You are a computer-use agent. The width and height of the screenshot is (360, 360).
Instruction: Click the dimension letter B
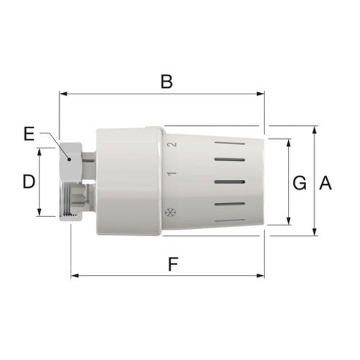(x=166, y=82)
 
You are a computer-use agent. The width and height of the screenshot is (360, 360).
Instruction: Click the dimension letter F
(x=173, y=264)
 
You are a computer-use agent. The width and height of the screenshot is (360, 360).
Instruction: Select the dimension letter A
(x=325, y=183)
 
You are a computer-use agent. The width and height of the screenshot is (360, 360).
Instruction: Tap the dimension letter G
(x=300, y=183)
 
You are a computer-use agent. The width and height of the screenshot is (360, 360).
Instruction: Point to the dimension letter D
(x=29, y=181)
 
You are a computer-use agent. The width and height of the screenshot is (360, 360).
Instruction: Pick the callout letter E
(x=29, y=134)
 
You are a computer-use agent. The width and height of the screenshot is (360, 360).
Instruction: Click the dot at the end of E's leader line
(x=69, y=159)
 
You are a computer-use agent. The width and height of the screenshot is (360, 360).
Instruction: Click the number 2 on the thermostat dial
(x=172, y=145)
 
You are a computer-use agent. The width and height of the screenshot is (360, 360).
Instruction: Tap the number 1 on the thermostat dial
(x=172, y=174)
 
